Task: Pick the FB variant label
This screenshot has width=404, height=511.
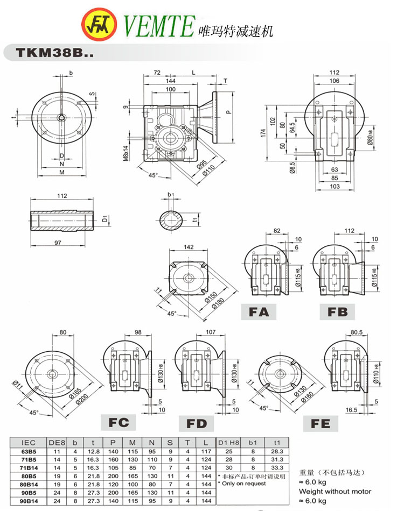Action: point(337,311)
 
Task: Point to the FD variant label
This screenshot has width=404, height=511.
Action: point(197,423)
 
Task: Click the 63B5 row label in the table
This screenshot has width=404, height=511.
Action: point(27,451)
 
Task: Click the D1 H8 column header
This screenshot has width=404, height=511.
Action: point(228,442)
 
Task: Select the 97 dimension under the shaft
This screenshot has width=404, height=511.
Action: point(58,244)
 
